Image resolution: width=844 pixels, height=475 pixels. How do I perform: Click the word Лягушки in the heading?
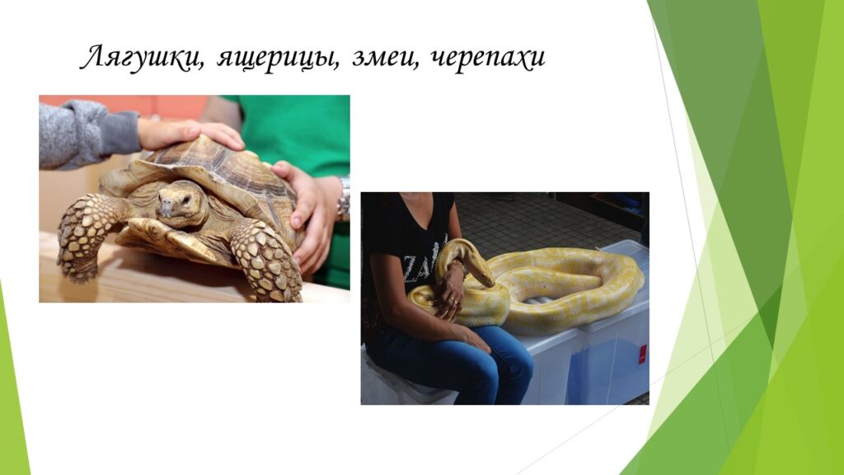(x=142, y=58)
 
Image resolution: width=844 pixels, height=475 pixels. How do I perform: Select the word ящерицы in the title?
(x=279, y=59)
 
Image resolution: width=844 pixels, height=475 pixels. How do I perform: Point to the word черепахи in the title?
(x=488, y=59)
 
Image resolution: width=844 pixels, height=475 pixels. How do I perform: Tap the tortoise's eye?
(x=185, y=200)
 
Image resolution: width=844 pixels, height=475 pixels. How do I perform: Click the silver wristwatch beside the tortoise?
(x=344, y=200)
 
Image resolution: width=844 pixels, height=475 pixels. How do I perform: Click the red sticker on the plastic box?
(x=642, y=355)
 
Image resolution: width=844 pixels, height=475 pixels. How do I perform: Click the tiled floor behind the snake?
(x=538, y=221)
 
